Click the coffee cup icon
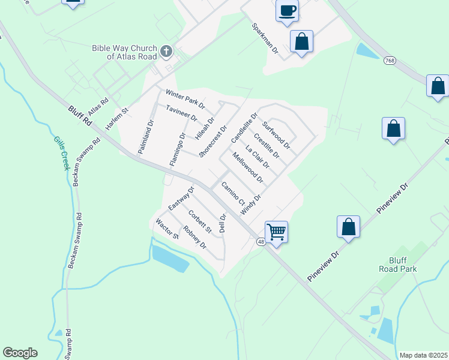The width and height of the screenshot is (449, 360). [287, 11]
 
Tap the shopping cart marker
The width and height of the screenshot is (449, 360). [276, 231]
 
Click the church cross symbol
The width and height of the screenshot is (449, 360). [166, 52]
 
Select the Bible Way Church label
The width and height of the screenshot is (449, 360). [124, 52]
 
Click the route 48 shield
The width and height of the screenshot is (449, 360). [261, 241]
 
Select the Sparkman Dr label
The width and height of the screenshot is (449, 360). [265, 40]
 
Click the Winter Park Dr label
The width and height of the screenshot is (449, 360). [185, 99]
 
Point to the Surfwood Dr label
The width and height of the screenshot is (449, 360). [276, 135]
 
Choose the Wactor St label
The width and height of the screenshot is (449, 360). [167, 229]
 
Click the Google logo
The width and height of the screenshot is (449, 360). [20, 353]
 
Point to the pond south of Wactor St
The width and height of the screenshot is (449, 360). [170, 257]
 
